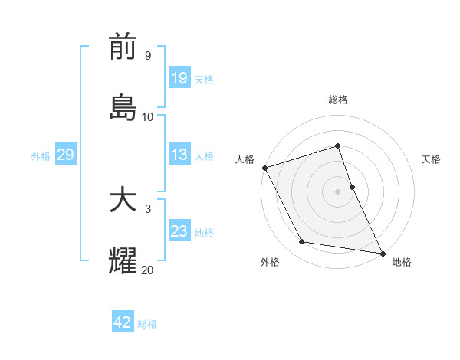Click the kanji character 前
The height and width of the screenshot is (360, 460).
click(123, 48)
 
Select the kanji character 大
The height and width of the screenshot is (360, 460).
click(123, 201)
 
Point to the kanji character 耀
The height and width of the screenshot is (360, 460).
click(123, 260)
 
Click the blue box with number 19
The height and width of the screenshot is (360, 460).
click(179, 78)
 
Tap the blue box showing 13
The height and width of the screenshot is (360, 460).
click(179, 155)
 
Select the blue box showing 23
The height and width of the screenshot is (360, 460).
click(179, 231)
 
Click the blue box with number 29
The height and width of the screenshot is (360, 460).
click(65, 155)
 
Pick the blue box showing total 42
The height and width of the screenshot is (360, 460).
click(123, 322)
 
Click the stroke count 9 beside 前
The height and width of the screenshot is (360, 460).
click(148, 56)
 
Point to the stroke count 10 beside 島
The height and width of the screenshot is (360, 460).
click(148, 116)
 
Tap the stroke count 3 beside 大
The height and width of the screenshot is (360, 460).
click(148, 209)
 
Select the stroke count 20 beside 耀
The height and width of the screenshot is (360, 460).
click(148, 269)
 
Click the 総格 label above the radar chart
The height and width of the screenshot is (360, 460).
click(338, 100)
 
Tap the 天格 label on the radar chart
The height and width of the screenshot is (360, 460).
click(431, 159)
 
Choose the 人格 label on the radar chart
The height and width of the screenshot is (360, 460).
click(245, 159)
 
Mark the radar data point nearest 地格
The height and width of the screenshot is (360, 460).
click(381, 252)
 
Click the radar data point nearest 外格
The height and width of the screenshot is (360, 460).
click(302, 242)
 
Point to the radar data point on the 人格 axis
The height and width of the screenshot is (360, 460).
click(264, 168)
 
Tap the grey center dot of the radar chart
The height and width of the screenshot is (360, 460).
click(338, 191)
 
